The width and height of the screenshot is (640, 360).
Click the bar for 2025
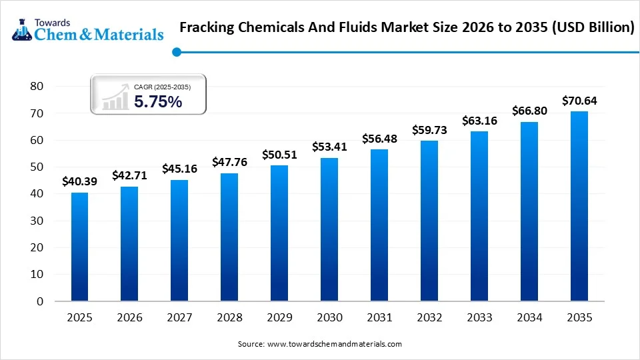point(79,247)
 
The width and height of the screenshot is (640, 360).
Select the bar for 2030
point(329,229)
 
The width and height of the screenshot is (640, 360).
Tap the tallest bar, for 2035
point(579,206)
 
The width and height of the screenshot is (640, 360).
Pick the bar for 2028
point(229,237)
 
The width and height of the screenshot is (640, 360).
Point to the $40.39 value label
point(79,181)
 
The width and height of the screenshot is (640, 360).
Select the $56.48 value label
point(379,139)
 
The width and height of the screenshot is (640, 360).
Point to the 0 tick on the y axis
point(40,301)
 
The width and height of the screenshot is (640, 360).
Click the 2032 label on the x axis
point(429,318)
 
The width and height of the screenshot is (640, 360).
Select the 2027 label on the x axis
point(179,318)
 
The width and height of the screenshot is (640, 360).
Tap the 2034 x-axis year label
point(529,318)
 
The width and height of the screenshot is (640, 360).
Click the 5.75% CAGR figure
point(158,102)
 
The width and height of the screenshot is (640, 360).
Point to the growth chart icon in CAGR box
point(115,97)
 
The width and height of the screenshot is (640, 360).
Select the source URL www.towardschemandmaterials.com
point(335,344)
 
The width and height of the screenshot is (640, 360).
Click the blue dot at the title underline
point(176,52)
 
